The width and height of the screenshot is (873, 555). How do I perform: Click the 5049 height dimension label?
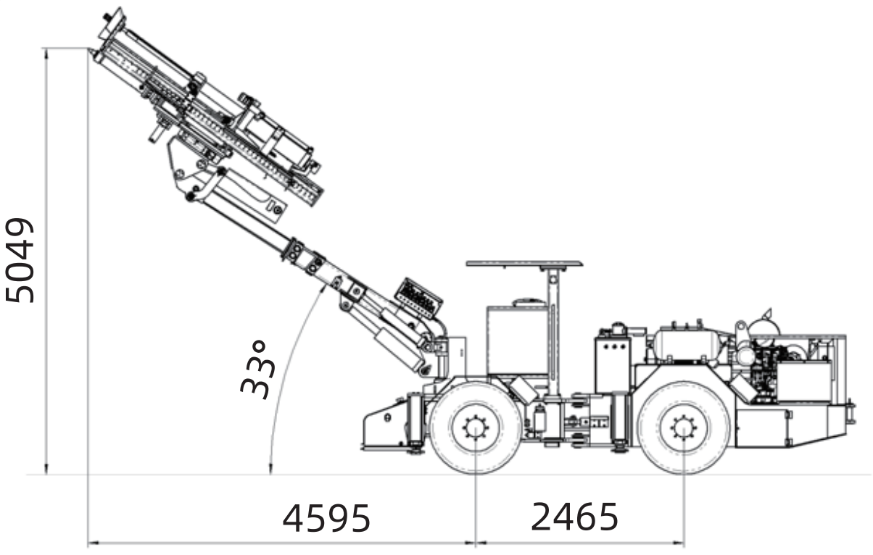click(20, 260)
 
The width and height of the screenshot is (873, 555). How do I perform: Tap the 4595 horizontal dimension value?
click(326, 518)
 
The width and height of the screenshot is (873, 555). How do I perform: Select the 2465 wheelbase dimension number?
click(574, 517)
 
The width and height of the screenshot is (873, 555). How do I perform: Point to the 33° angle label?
click(258, 370)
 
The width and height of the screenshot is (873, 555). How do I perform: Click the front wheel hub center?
click(476, 428)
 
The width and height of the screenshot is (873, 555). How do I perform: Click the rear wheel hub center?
click(684, 428)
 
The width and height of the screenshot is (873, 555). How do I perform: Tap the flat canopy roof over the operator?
click(524, 264)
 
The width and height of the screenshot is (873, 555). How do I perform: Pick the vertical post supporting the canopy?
click(553, 331)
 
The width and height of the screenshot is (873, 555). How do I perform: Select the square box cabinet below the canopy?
click(517, 340)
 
